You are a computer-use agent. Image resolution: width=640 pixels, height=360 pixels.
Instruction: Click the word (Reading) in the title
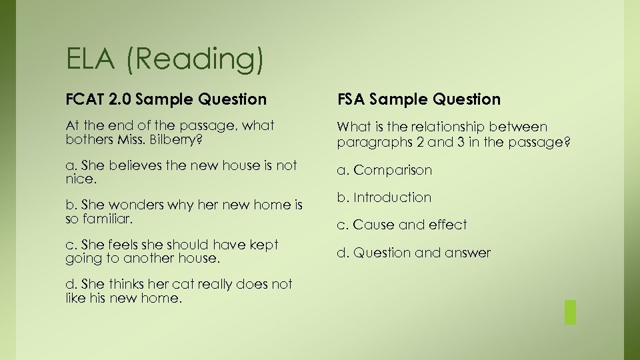coord(194,59)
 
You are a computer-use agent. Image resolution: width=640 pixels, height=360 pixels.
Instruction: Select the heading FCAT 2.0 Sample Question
coord(166,99)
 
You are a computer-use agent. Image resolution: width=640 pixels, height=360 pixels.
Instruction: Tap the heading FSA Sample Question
coord(419,99)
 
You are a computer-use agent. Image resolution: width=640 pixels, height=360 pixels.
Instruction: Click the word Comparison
coord(393,170)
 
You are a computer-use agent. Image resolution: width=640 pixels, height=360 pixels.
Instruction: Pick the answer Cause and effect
coord(410,225)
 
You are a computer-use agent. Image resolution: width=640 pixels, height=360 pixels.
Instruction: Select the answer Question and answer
coord(422,253)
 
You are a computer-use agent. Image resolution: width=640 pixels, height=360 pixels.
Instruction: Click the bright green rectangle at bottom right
coord(569,312)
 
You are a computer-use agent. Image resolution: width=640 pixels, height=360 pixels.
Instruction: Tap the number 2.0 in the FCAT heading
coord(119,99)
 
